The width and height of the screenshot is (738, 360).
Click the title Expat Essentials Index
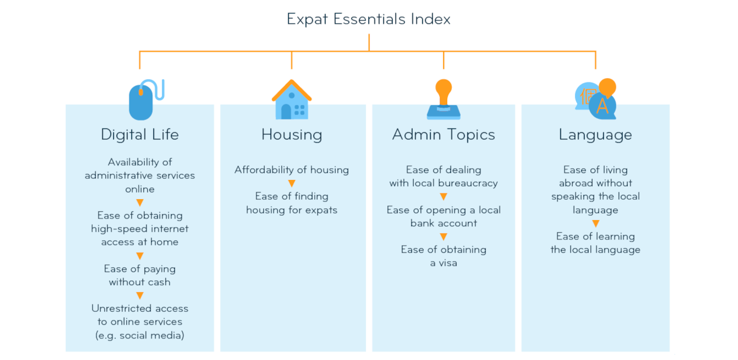point(368,19)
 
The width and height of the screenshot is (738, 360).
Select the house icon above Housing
point(291,99)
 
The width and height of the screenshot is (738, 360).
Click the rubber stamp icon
point(444,99)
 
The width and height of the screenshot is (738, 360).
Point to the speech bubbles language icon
point(596,99)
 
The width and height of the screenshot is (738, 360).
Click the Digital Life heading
point(140,135)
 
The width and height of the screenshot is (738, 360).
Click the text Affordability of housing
point(291,170)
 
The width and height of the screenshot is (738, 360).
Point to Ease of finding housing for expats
point(291,203)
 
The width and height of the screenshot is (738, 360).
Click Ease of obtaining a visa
point(444,256)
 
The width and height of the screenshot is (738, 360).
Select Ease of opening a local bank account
point(444,216)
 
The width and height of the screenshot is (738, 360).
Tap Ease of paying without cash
point(140,275)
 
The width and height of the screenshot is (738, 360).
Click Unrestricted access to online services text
point(140,322)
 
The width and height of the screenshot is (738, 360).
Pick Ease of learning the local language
point(595,243)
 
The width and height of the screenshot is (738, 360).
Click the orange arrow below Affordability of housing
point(291,183)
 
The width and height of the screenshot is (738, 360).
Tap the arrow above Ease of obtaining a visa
point(444,237)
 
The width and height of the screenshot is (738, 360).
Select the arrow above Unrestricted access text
point(140,295)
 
